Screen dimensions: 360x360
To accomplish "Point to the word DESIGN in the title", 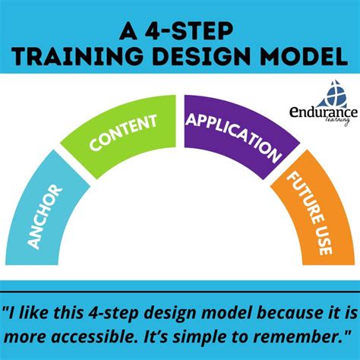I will click(x=208, y=56).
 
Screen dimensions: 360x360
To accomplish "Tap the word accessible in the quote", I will click(x=98, y=332).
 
